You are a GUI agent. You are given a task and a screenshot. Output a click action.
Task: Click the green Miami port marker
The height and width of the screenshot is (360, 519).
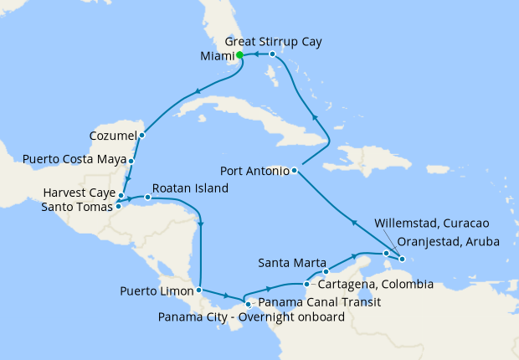[239, 55]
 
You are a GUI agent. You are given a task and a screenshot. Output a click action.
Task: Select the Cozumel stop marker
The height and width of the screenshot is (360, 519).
[141, 135]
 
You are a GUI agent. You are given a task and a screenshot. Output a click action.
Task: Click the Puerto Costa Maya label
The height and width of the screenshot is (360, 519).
[73, 158]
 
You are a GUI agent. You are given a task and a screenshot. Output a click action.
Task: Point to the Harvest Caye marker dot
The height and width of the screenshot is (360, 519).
[121, 195]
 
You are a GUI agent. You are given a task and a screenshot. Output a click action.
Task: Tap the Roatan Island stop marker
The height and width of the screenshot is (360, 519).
[147, 198]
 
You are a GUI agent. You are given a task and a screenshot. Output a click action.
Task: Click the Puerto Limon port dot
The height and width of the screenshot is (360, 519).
[199, 291]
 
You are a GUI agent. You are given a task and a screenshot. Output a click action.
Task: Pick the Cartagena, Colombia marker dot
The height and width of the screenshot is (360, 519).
[306, 285]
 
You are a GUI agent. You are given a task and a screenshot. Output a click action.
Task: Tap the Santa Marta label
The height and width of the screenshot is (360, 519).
[287, 260]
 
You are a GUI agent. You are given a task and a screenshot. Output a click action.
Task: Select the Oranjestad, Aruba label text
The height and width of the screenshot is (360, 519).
[448, 241]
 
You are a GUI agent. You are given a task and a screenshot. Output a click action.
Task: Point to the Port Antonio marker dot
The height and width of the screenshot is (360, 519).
[295, 171]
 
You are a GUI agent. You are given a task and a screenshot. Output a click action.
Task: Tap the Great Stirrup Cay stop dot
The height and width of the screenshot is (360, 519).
[273, 54]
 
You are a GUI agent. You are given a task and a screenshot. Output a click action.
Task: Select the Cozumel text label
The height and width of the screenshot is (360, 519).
[112, 135]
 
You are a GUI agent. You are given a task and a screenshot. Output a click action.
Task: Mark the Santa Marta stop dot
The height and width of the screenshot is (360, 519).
[326, 271]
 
